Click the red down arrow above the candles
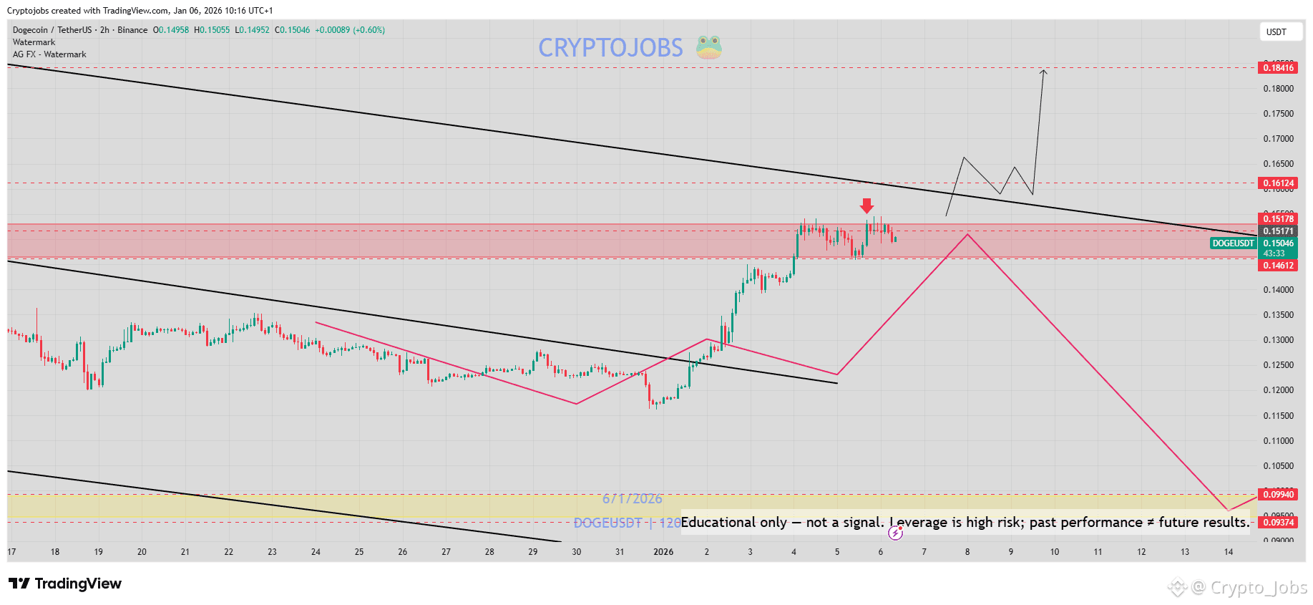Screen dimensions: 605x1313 pos(867,206)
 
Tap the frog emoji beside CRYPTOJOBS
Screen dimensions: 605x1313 pos(709,47)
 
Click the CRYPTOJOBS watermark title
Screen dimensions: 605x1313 pos(610,48)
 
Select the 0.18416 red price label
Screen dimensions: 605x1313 pos(1278,68)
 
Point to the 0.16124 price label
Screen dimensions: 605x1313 pos(1278,183)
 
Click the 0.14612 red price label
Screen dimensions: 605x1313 pos(1278,266)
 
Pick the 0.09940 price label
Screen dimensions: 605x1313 pos(1278,495)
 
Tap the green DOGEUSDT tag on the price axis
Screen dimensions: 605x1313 pos(1233,243)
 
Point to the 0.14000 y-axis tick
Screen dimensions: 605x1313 pos(1278,290)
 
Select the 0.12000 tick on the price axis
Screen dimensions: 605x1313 pos(1278,390)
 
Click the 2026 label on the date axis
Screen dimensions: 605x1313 pos(663,552)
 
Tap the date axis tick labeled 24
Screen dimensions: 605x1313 pos(316,552)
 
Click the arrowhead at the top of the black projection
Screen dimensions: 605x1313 pos(1044,71)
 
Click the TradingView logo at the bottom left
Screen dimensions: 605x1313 pos(65,584)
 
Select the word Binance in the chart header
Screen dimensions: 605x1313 pos(132,30)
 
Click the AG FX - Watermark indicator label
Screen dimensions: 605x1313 pos(49,54)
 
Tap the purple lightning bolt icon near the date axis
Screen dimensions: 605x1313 pos(895,533)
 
